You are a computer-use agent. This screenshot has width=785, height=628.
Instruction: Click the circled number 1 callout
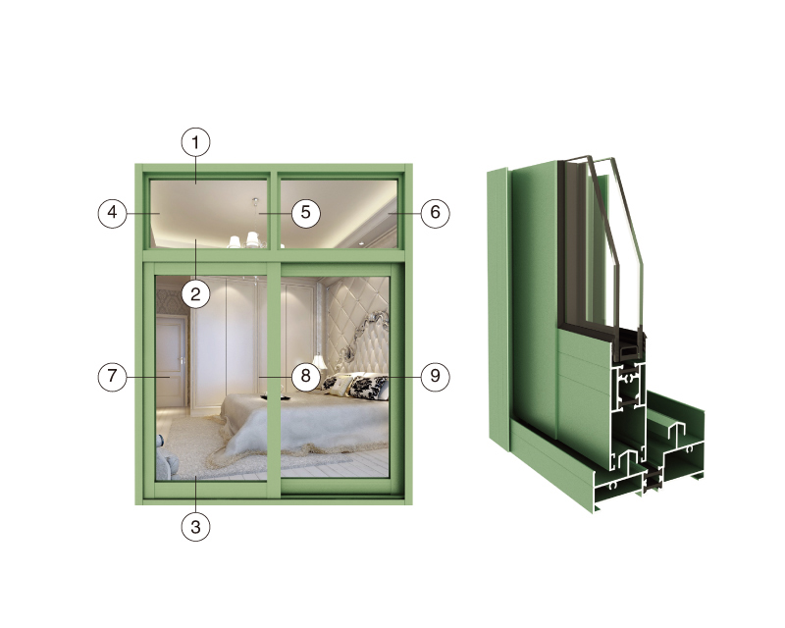click(x=195, y=142)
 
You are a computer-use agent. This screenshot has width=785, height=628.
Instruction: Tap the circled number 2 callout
click(x=195, y=294)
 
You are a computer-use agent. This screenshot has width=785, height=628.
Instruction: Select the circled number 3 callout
click(x=195, y=527)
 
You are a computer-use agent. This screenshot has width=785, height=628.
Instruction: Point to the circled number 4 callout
click(x=112, y=213)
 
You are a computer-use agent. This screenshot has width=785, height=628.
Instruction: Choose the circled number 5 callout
click(x=305, y=213)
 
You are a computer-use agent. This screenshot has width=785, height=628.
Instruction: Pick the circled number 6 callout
click(x=435, y=213)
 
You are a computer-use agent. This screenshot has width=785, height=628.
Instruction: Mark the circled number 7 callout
click(x=112, y=377)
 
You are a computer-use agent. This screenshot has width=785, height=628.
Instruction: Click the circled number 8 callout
click(x=305, y=376)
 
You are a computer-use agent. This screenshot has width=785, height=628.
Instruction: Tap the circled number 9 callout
click(x=435, y=376)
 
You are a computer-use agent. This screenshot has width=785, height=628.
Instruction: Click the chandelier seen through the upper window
click(x=249, y=235)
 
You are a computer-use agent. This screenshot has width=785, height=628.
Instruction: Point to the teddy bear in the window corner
click(x=166, y=458)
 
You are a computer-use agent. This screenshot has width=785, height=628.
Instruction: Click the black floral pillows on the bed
click(x=355, y=386)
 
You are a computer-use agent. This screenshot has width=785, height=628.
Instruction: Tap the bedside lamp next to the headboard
click(x=318, y=363)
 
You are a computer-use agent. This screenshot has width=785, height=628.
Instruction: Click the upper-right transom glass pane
click(x=339, y=214)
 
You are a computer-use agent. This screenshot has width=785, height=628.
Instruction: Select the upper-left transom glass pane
click(x=209, y=214)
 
